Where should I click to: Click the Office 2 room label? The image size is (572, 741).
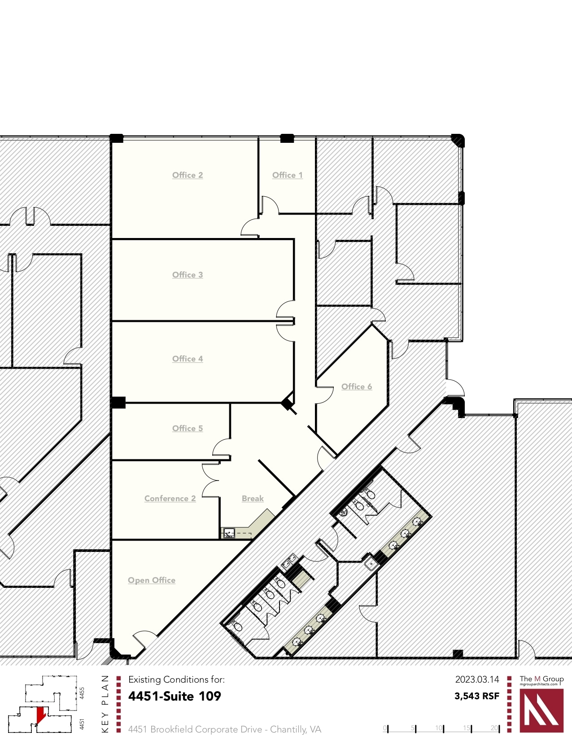pos(188,175)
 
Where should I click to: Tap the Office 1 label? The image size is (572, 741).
pos(287,175)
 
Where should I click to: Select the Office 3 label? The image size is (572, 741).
pos(188,275)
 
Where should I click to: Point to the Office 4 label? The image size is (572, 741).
pos(188,359)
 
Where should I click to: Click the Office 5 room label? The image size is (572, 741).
pos(188,428)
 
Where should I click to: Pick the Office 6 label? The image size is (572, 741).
pos(357,387)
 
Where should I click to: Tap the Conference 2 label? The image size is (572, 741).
pos(170,498)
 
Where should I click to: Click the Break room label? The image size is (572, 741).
pos(253,498)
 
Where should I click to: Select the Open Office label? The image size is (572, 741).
pos(152,580)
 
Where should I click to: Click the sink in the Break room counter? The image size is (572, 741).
pos(229,534)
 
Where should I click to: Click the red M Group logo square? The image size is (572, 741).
pos(541,710)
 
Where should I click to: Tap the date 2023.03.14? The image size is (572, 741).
pos(477,679)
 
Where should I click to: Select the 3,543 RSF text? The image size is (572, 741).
pos(477,696)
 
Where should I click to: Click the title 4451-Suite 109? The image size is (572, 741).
pos(175,696)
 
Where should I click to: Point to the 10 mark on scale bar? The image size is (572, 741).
pos(439,728)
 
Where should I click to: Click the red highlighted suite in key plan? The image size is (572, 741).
pos(41,714)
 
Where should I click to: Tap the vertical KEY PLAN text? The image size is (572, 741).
pos(105,703)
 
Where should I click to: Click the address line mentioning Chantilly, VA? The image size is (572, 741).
pos(224,729)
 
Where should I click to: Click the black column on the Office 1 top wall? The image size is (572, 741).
pos(287,138)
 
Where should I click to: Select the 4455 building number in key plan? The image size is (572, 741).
pos(82,692)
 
